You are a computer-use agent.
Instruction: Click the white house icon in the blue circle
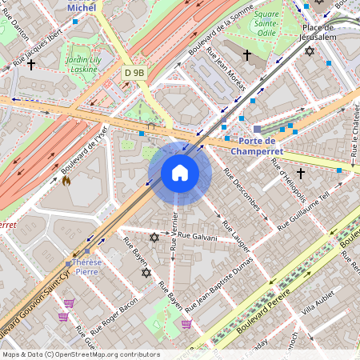(180, 173)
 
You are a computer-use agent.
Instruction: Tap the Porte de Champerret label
(257, 145)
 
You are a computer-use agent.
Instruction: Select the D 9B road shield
(135, 73)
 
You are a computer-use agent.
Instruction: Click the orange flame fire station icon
(66, 181)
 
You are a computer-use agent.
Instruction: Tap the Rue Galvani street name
(198, 236)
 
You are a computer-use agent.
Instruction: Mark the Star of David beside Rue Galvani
(154, 238)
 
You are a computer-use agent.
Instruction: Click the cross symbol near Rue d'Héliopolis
(301, 173)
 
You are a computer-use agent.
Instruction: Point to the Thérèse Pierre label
(86, 266)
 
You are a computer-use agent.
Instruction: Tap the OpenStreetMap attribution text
(81, 354)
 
